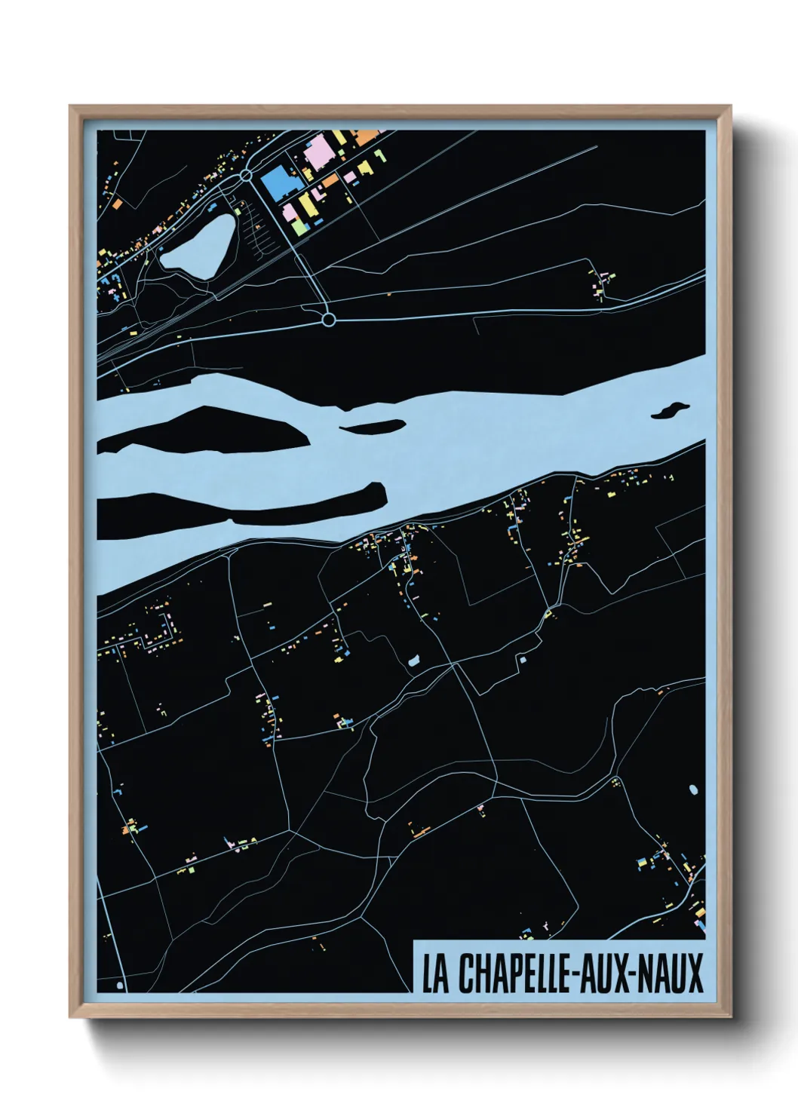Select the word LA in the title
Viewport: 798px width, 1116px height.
coord(436,973)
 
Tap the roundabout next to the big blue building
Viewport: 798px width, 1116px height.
coord(246,176)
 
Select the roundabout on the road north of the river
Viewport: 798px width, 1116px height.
coord(328,320)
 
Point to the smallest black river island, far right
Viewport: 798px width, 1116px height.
coord(670,409)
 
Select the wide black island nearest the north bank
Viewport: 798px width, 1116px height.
coord(204,430)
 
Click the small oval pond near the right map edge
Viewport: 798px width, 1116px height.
coord(693,790)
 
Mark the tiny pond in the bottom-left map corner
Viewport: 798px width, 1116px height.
coord(120,986)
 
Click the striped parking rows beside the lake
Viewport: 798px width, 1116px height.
coord(260,226)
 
